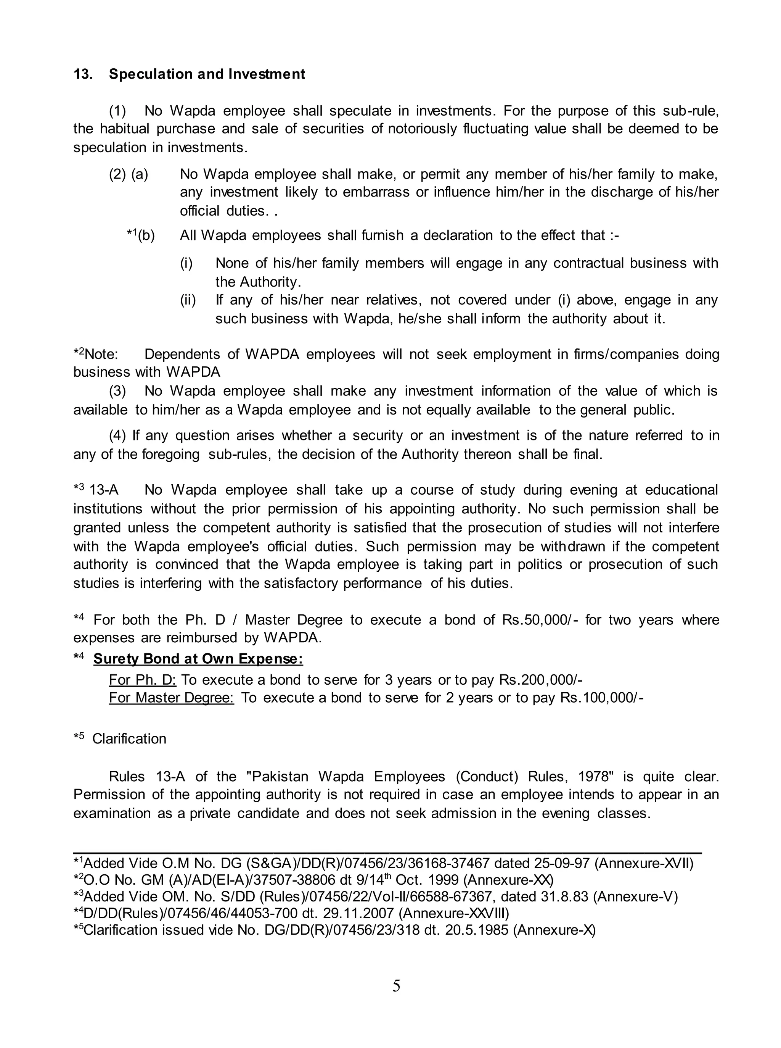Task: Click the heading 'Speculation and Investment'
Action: tap(207, 74)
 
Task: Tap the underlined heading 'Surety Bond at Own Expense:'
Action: tap(198, 659)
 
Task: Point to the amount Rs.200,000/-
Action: tap(541, 680)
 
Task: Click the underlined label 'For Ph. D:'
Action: tap(142, 680)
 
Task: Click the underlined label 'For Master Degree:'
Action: tap(171, 698)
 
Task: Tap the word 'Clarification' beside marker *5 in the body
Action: tap(129, 738)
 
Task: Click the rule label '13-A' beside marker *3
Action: tap(104, 490)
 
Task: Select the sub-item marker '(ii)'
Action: tap(188, 300)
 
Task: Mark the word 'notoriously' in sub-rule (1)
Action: tap(422, 129)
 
